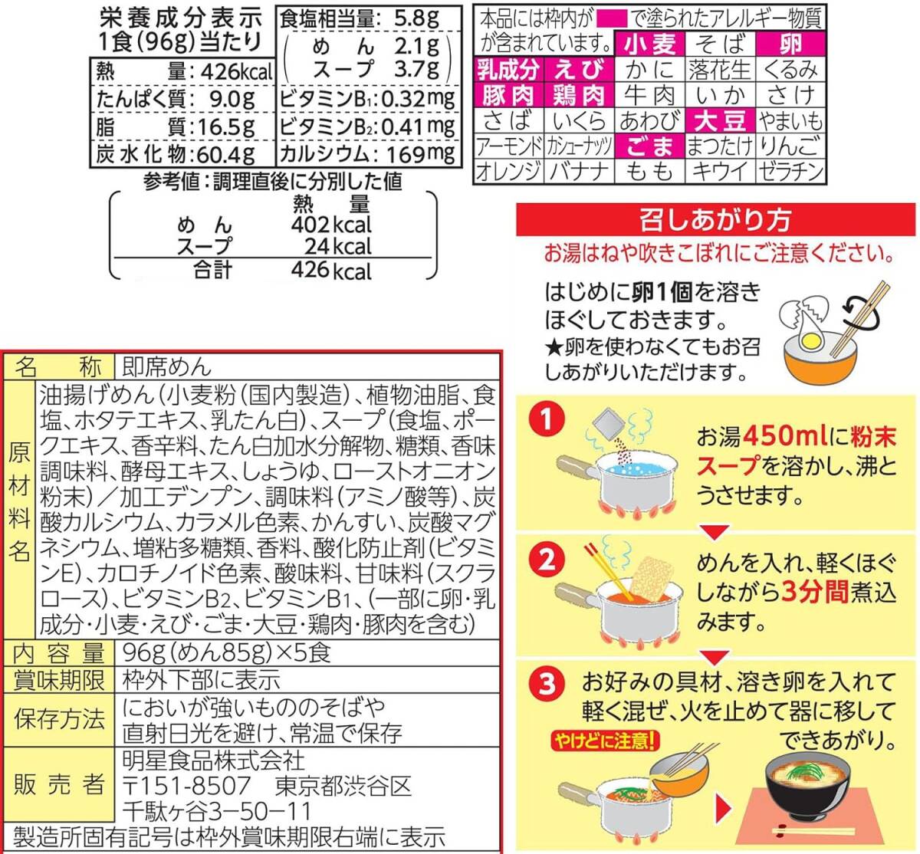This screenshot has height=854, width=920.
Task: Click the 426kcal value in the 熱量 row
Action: [x=234, y=72]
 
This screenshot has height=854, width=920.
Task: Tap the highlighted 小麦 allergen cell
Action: [x=650, y=44]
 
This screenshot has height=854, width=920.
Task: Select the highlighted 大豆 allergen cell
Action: [x=719, y=120]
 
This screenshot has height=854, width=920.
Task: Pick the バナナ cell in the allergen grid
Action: [x=580, y=171]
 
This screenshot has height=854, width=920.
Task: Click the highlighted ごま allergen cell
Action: [x=650, y=146]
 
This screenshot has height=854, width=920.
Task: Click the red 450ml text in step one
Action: [x=785, y=436]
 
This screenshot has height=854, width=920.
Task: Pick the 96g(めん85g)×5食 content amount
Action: [x=227, y=653]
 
